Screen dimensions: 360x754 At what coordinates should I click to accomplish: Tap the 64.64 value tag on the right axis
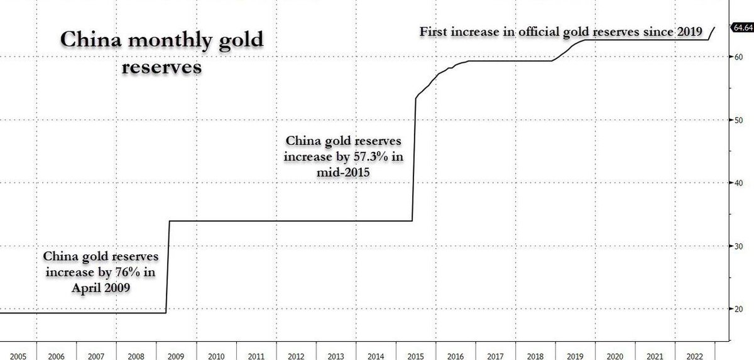pos(741,27)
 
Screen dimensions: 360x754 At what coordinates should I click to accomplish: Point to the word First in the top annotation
pos(433,31)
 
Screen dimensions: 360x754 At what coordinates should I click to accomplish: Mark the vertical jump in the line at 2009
pos(168,264)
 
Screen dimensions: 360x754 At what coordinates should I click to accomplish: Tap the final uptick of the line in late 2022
pos(713,33)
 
